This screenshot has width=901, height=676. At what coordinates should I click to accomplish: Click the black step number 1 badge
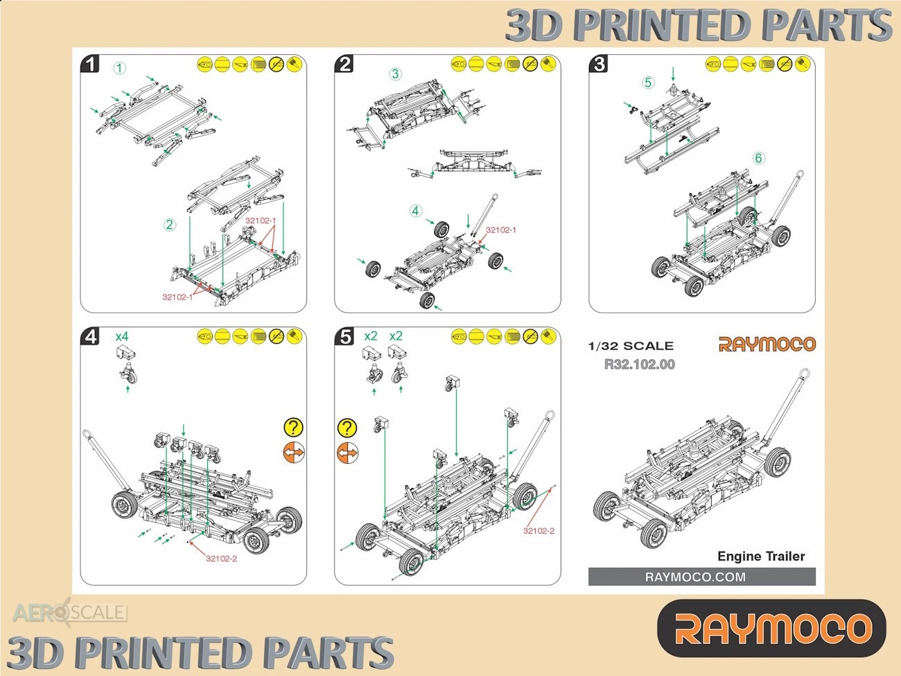[x=90, y=64]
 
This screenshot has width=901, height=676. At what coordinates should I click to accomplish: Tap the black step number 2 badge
[x=344, y=64]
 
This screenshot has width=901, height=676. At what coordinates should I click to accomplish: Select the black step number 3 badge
[x=599, y=64]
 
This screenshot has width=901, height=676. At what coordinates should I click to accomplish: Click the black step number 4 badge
[x=90, y=336]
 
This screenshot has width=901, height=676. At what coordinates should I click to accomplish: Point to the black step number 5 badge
[x=344, y=336]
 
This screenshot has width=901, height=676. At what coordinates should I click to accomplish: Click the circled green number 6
[x=758, y=158]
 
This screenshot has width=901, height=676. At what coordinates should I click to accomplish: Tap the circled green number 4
[x=416, y=211]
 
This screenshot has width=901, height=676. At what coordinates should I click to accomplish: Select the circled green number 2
[x=170, y=225]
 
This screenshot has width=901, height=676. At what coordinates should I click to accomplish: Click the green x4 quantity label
[x=122, y=336]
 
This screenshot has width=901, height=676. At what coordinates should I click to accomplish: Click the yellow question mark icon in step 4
[x=293, y=427]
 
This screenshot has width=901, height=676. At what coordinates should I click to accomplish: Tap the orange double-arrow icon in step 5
[x=347, y=453]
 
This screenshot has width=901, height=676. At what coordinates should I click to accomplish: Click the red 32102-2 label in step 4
[x=222, y=559]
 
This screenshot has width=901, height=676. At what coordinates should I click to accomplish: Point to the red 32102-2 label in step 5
[x=539, y=530]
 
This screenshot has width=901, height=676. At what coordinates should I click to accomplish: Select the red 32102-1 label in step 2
[x=501, y=230]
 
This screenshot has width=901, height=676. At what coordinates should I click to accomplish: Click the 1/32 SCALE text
[x=631, y=346]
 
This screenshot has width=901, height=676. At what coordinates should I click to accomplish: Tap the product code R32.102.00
[x=640, y=365]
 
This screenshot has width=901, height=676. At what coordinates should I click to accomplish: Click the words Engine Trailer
[x=761, y=556]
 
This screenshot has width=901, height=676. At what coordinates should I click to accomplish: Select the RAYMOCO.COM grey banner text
[x=695, y=577]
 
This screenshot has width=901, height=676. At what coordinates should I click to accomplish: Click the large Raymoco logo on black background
[x=771, y=628]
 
